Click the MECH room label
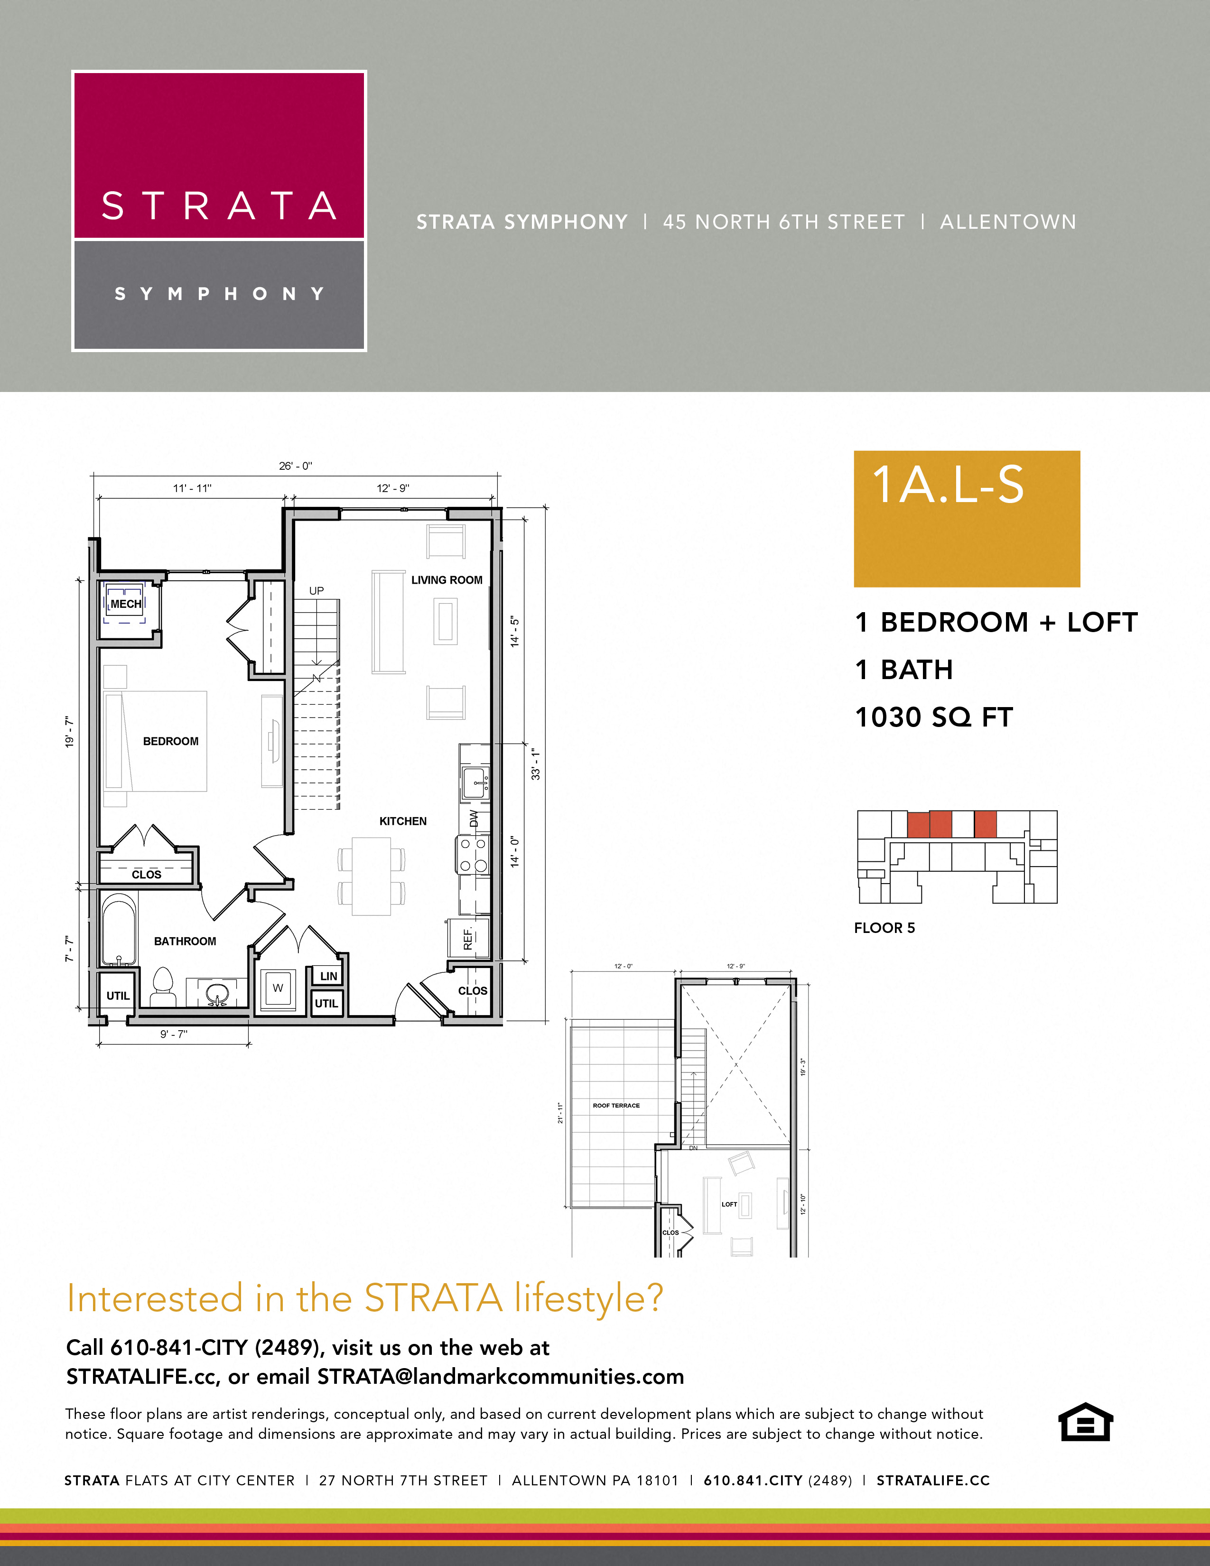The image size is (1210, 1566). [x=125, y=604]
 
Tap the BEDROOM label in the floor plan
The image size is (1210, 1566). [x=171, y=741]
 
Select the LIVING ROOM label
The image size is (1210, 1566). [x=447, y=579]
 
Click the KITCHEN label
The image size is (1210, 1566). [x=403, y=821]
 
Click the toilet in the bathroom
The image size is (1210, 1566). [x=163, y=987]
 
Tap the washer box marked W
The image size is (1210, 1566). [x=278, y=988]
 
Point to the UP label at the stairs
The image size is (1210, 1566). [x=316, y=590]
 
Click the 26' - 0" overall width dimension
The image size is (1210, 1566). [x=295, y=466]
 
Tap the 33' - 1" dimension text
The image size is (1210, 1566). [x=535, y=764]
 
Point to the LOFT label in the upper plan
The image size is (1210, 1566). [x=729, y=1204]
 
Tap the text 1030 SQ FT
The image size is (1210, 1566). [x=933, y=717]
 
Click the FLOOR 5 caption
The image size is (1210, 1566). [x=884, y=928]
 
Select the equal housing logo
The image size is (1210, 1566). [x=1085, y=1422]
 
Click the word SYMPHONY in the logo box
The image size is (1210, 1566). [x=219, y=294]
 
